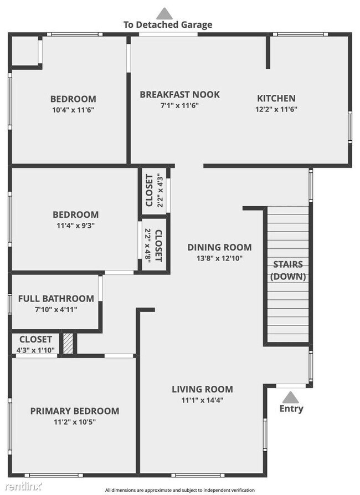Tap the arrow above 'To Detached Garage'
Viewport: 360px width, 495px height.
click(164, 13)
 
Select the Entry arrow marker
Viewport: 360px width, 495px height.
click(290, 397)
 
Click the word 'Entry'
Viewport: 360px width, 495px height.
click(291, 409)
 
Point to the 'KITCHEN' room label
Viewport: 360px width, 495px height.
click(276, 98)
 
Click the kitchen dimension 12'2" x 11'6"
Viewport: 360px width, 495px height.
click(276, 109)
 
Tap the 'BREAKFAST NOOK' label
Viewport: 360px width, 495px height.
click(179, 94)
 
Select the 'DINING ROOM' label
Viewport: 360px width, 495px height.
click(219, 247)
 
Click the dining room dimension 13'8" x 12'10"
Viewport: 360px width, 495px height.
click(219, 258)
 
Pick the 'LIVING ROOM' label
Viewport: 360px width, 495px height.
click(202, 389)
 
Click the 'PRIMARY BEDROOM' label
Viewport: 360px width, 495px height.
click(74, 411)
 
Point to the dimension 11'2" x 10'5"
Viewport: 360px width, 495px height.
click(74, 422)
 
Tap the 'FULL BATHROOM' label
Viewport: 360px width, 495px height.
click(56, 298)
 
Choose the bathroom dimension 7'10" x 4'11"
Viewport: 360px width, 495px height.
click(56, 309)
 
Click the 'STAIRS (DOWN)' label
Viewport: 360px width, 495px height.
click(287, 270)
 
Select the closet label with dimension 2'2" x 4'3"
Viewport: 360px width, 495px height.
click(150, 190)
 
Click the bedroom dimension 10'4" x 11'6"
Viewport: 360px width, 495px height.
click(73, 110)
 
